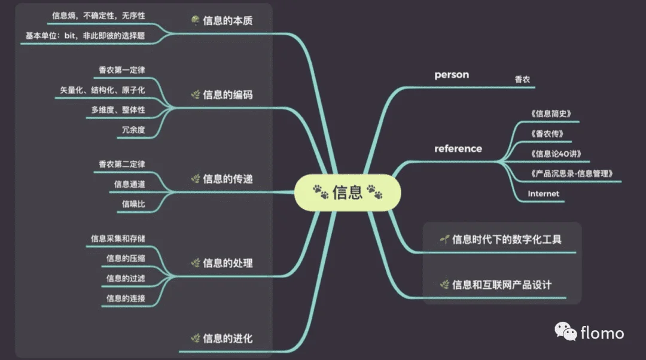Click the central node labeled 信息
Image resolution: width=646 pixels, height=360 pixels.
pyautogui.click(x=348, y=193)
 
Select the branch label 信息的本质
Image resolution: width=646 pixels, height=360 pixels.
pyautogui.click(x=227, y=21)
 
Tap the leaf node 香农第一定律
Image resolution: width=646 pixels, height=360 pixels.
pyautogui.click(x=121, y=70)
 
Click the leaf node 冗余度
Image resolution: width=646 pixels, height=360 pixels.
pyautogui.click(x=133, y=129)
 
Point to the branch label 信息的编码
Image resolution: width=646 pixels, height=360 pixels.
pyautogui.click(x=227, y=94)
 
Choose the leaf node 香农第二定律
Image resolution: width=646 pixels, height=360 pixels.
pyautogui.click(x=121, y=163)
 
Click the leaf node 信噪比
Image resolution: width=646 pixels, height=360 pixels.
pyautogui.click(x=133, y=204)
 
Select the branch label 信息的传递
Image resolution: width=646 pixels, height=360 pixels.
pyautogui.click(x=227, y=179)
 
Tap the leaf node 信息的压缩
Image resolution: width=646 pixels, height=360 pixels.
pyautogui.click(x=125, y=258)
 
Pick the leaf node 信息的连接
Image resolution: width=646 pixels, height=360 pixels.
pyautogui.click(x=125, y=298)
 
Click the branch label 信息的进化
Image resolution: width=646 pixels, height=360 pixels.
pyautogui.click(x=227, y=338)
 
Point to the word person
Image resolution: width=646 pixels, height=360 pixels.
pyautogui.click(x=452, y=75)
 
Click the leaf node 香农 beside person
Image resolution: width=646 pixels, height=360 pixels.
pyautogui.click(x=522, y=79)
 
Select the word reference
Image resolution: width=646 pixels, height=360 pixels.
pyautogui.click(x=458, y=148)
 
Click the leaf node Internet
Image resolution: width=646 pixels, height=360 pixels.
pyautogui.click(x=543, y=194)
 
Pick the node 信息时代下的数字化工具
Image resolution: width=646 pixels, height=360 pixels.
pyautogui.click(x=506, y=240)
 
